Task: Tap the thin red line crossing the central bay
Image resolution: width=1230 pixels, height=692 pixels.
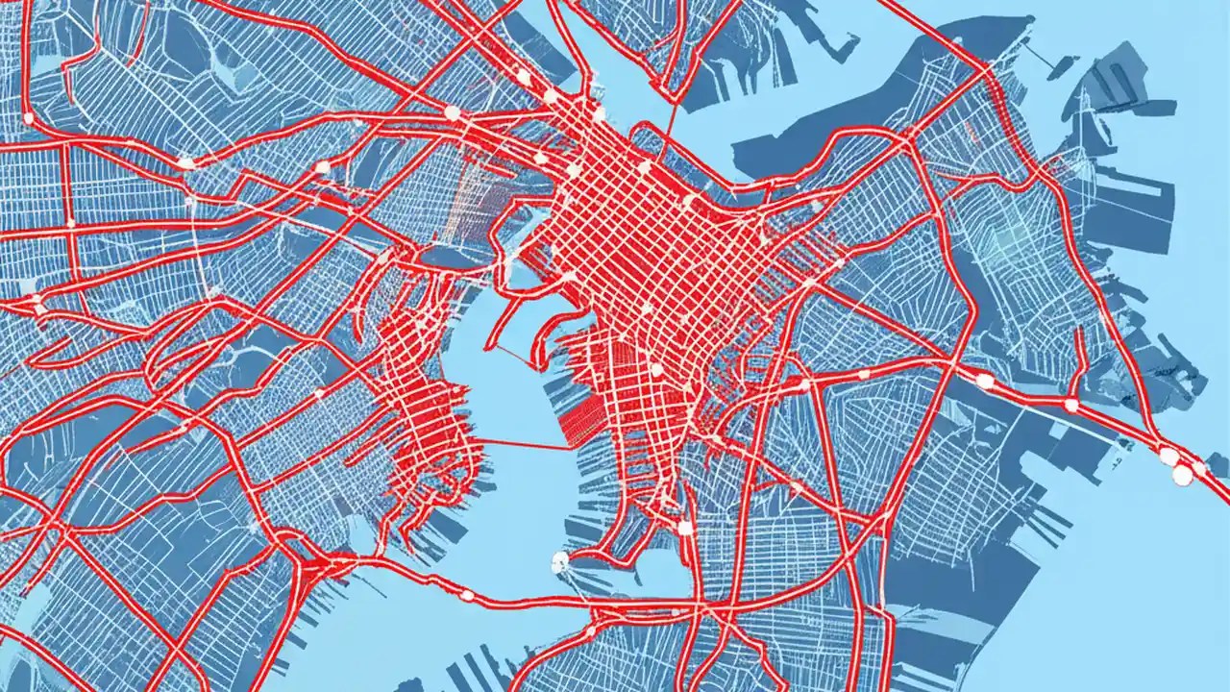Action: click(524, 444)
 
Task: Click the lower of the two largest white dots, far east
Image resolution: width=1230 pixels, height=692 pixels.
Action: click(1183, 474)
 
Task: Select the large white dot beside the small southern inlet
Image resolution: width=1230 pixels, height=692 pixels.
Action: click(684, 528)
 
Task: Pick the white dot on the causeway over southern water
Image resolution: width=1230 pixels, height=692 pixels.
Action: click(468, 596)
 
